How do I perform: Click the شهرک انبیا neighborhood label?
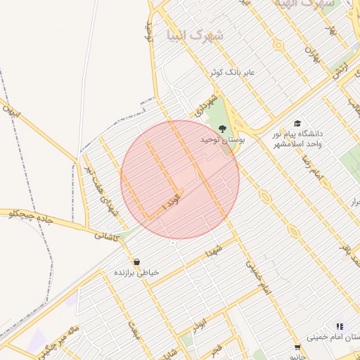[x=191, y=34]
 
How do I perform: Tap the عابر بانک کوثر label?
[x=236, y=72]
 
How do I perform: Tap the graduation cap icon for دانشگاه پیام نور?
[x=297, y=123]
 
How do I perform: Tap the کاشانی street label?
[x=108, y=236]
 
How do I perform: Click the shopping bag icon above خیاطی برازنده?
[x=136, y=261]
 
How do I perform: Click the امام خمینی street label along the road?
[x=257, y=278]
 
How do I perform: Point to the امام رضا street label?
[x=311, y=167]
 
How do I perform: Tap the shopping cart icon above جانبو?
[x=297, y=347]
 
